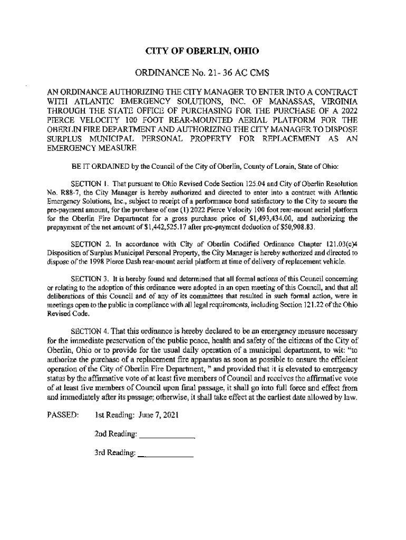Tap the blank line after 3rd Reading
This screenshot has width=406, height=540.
point(165,455)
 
